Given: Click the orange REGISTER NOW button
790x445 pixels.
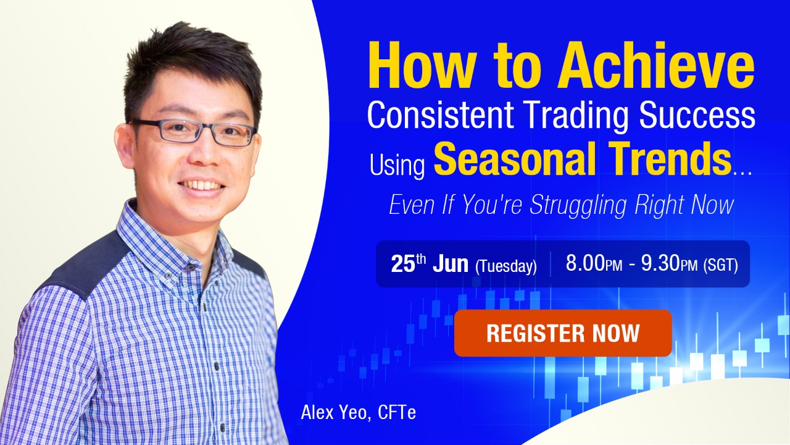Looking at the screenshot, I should coord(562,333).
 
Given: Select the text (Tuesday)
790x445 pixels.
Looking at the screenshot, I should coord(505,266).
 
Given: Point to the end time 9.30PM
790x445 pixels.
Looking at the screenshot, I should coord(669,265).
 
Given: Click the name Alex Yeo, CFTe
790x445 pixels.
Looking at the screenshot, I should coord(358,412).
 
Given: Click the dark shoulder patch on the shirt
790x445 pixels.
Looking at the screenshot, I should coord(80,266).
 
